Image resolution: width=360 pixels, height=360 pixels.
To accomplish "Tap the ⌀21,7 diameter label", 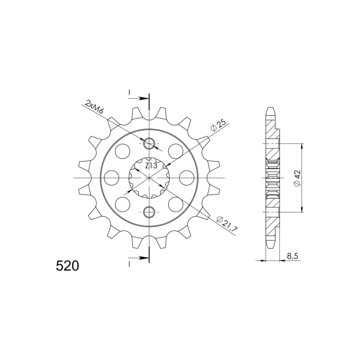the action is point(227,223).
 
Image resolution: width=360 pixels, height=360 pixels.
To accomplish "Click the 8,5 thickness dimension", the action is point(292,256).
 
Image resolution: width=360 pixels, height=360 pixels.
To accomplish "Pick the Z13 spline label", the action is point(151,166).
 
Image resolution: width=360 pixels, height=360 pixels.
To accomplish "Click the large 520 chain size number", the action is point(67,266).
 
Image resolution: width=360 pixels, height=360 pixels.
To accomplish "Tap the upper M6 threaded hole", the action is point(149,144).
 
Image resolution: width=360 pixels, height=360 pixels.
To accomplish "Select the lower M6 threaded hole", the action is point(149,212).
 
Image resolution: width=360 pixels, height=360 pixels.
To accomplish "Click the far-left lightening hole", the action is point(112,178).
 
